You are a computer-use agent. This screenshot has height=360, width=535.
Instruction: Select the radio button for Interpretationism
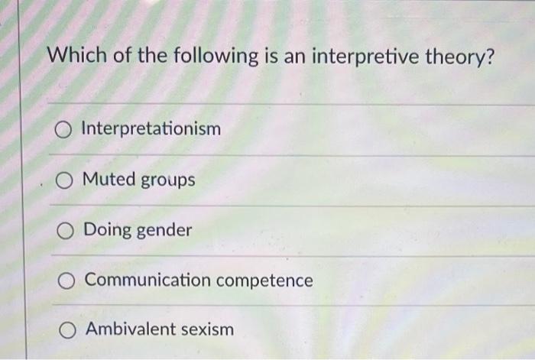tap(63, 128)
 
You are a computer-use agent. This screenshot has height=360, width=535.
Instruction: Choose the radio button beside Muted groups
tap(64, 180)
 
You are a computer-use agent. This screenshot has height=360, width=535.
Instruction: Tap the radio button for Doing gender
tap(66, 230)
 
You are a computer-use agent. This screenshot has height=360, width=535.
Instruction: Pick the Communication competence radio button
tap(66, 281)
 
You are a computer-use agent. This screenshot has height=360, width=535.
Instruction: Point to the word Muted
tap(109, 180)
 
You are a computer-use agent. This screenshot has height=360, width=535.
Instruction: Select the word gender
tap(164, 231)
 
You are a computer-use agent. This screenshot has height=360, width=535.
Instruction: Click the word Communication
tap(147, 280)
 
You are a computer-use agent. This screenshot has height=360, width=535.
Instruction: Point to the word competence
tap(264, 281)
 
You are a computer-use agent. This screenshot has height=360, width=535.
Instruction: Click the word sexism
tap(207, 329)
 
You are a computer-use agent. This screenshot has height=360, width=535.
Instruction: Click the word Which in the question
tap(73, 57)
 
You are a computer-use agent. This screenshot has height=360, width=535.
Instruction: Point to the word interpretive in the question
tap(369, 57)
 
